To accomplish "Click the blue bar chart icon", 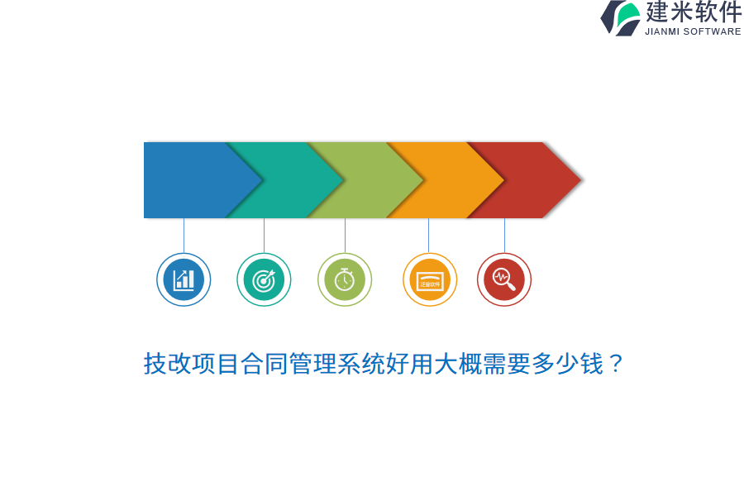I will point(184,279).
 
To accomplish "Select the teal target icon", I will point(264,279).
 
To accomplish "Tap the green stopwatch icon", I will point(345,279).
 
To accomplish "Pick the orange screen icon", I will point(430,279).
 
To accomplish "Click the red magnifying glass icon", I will point(504,279).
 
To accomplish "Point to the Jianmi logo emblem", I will point(621,18).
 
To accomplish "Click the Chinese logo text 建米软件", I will point(694,12).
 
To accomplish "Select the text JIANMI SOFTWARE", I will point(693,31).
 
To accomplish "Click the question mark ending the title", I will point(615,364).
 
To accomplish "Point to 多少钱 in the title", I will point(567,364).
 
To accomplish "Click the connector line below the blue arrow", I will point(184,236).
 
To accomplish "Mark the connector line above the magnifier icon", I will point(504,236).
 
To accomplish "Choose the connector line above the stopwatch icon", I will point(345,236).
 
